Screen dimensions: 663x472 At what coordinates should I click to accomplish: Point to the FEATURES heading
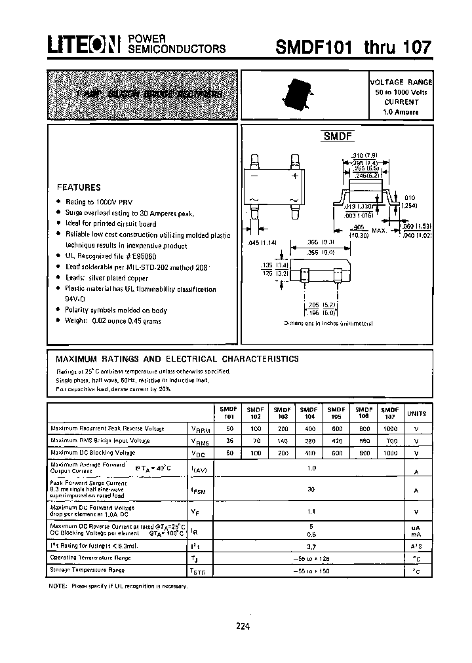[79, 187]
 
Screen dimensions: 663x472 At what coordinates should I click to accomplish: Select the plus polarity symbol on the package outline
[295, 176]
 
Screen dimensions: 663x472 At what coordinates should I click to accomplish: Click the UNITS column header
[416, 413]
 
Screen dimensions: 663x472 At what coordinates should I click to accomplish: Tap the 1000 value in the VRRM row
[390, 428]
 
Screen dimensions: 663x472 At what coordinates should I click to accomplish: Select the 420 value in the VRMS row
[336, 441]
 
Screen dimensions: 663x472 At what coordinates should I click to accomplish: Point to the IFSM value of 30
[311, 489]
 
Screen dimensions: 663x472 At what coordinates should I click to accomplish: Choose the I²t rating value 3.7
[311, 545]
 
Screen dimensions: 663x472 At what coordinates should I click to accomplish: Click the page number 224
[243, 626]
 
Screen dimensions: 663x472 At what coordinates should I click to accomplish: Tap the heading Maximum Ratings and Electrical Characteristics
[177, 359]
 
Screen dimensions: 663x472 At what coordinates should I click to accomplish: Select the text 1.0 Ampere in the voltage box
[401, 112]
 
